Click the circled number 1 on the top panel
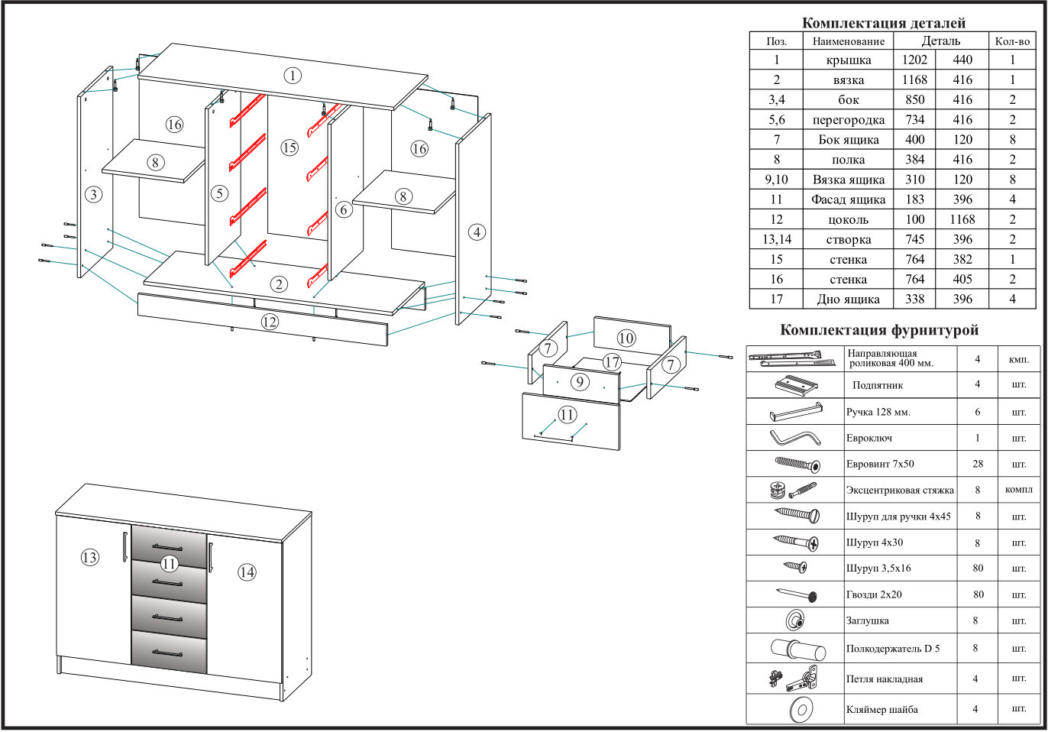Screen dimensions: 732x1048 click(293, 75)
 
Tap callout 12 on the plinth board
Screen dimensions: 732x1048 click(269, 322)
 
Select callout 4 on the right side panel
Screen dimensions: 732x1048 click(477, 232)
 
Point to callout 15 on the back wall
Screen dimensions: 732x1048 click(289, 147)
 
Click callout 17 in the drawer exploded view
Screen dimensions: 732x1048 click(612, 362)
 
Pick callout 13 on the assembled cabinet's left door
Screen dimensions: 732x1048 click(89, 557)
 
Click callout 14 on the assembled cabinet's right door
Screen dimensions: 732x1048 click(247, 572)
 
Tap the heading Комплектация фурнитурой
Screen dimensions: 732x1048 click(878, 330)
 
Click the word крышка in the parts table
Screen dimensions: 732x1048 click(848, 60)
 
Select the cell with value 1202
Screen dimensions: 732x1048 click(914, 60)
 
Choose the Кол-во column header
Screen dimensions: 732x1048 click(1012, 41)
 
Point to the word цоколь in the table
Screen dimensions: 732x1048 click(848, 219)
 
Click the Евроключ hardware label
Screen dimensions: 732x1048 click(868, 439)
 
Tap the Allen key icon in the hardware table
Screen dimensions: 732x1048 click(795, 439)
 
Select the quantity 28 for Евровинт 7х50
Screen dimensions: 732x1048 click(978, 464)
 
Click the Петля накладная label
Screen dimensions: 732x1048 click(884, 679)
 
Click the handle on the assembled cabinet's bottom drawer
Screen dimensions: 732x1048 click(167, 653)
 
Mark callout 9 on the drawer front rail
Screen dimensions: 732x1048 click(580, 381)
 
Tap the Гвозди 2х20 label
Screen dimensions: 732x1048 click(873, 594)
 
